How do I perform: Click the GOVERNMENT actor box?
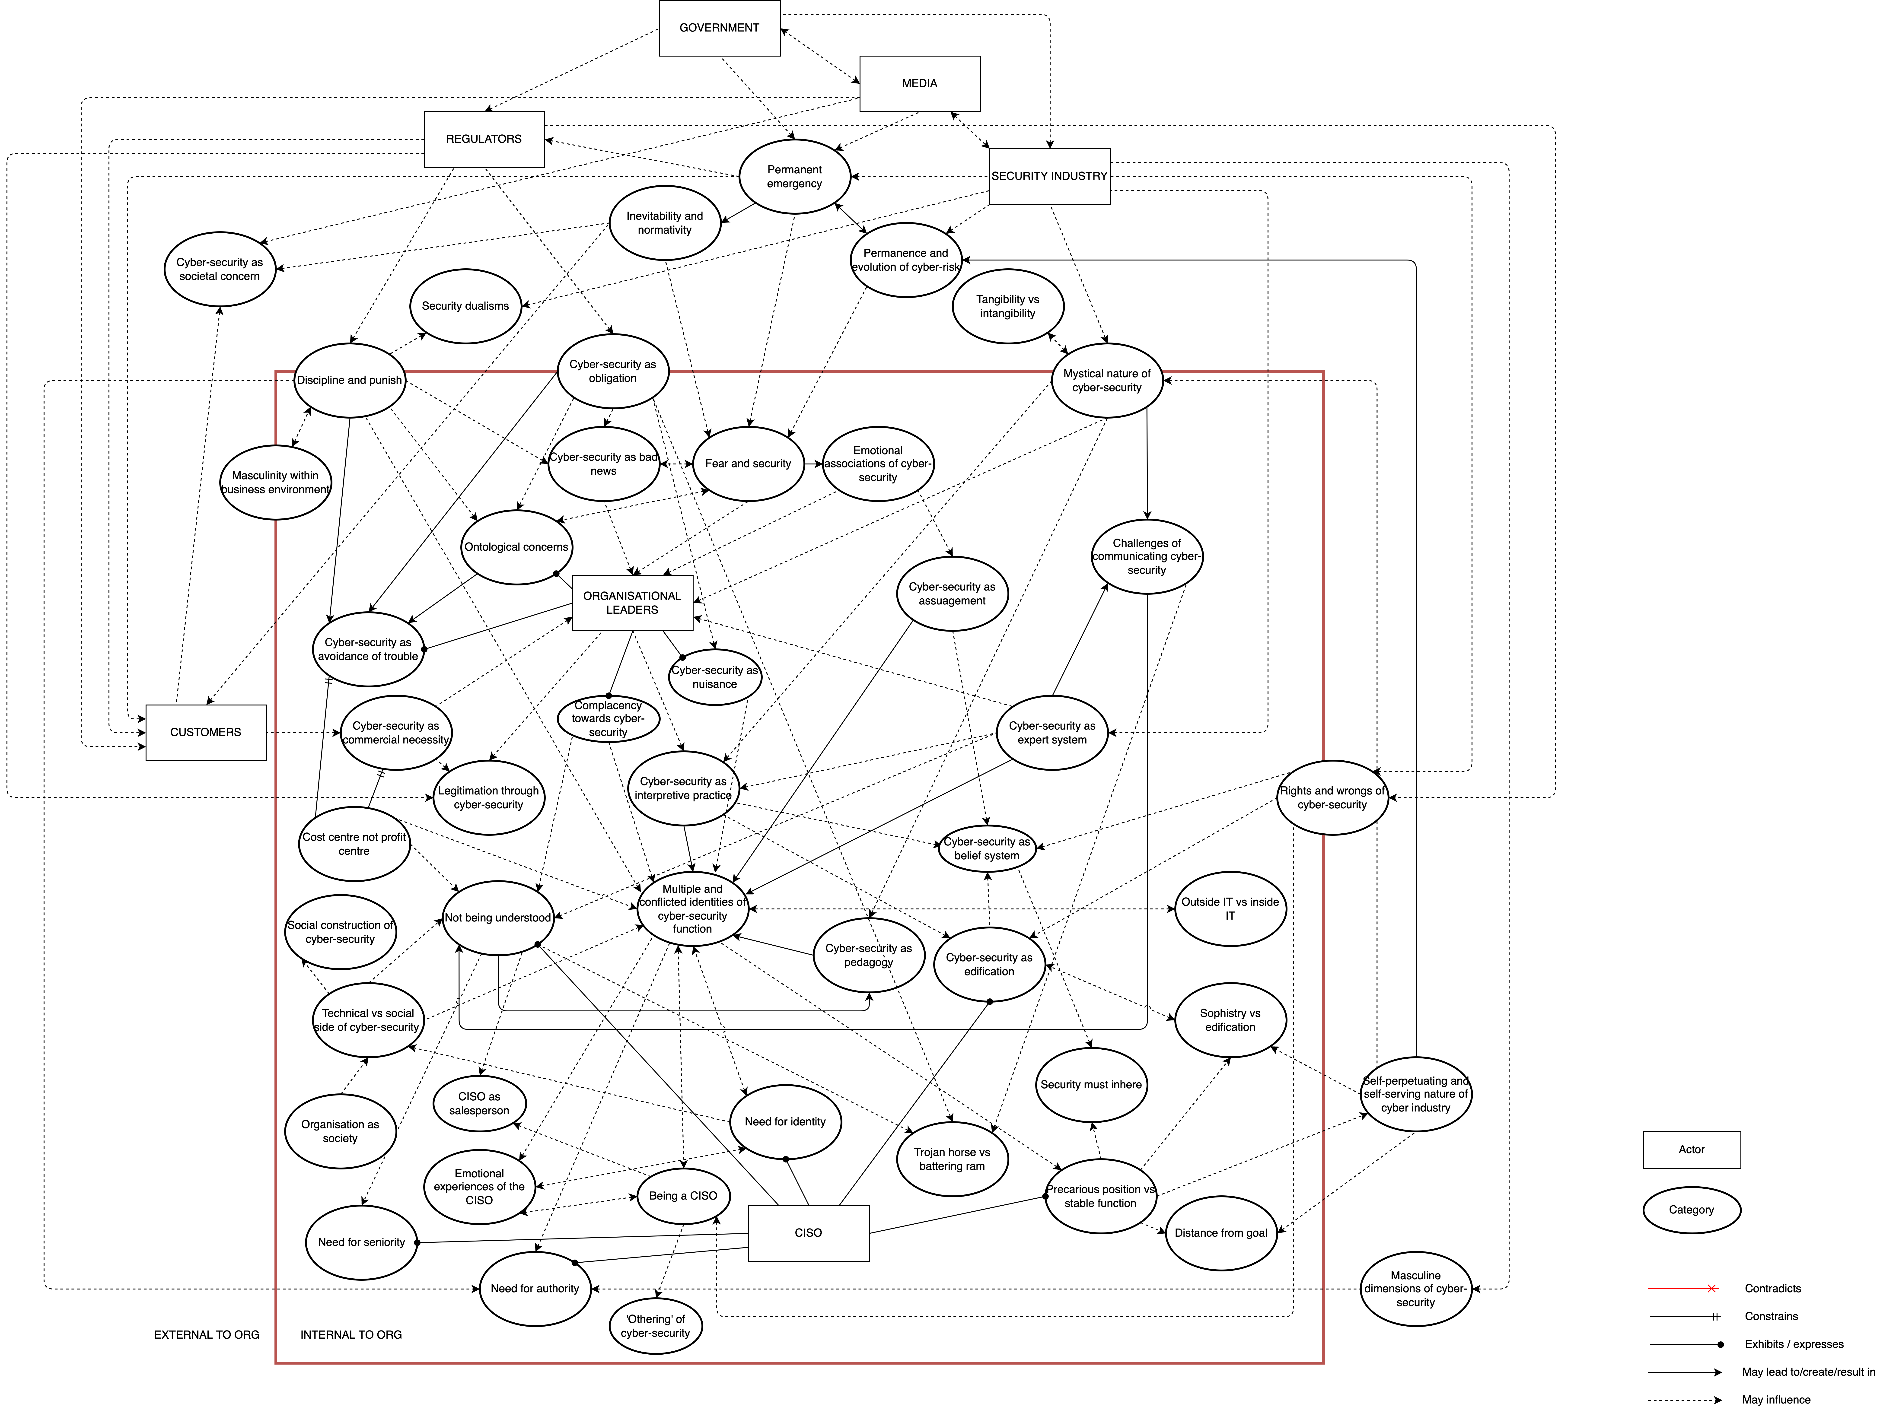coord(720,28)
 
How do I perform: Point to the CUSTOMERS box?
coord(206,732)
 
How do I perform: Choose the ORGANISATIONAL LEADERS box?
coord(632,603)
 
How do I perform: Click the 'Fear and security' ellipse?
coord(749,464)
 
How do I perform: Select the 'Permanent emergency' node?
coord(795,177)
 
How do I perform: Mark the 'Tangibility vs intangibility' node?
coord(1008,306)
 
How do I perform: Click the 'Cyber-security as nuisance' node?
coord(714,677)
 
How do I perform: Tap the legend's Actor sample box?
coord(1692,1150)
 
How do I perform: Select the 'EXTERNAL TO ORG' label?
coord(207,1335)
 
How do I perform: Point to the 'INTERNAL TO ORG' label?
coord(351,1335)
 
